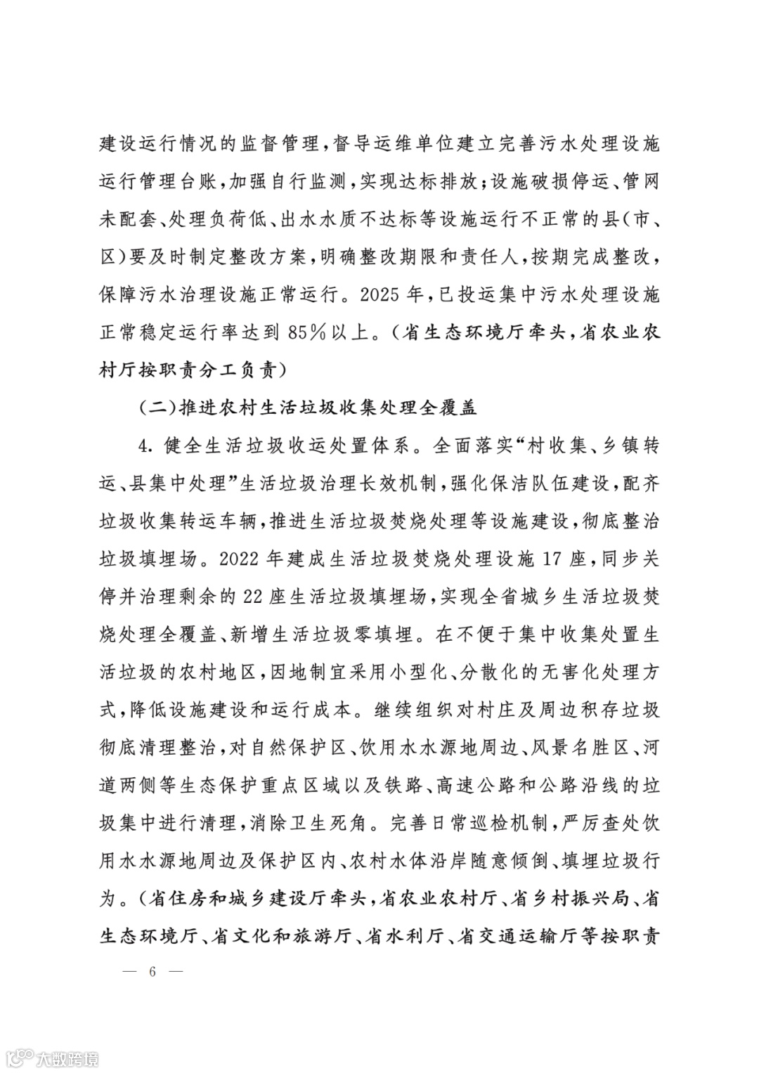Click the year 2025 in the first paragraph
tap(383, 295)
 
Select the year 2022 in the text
tap(242, 560)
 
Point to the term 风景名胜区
tap(583, 747)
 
